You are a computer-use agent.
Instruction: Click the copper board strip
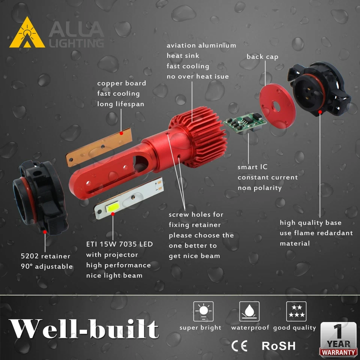pyautogui.click(x=99, y=147)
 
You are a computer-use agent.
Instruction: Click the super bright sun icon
pyautogui.click(x=203, y=312)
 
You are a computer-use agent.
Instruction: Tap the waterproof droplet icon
pyautogui.click(x=250, y=312)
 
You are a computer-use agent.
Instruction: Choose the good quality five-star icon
pyautogui.click(x=296, y=312)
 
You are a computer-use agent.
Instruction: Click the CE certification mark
pyautogui.click(x=239, y=345)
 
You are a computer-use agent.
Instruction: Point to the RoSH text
pyautogui.click(x=279, y=345)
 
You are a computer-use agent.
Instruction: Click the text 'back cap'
pyautogui.click(x=262, y=57)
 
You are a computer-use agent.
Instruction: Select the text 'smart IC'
pyautogui.click(x=252, y=167)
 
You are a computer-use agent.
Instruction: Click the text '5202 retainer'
pyautogui.click(x=45, y=256)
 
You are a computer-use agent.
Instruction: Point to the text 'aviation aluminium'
pyautogui.click(x=201, y=45)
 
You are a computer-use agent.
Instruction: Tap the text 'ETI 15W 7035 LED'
pyautogui.click(x=119, y=244)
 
